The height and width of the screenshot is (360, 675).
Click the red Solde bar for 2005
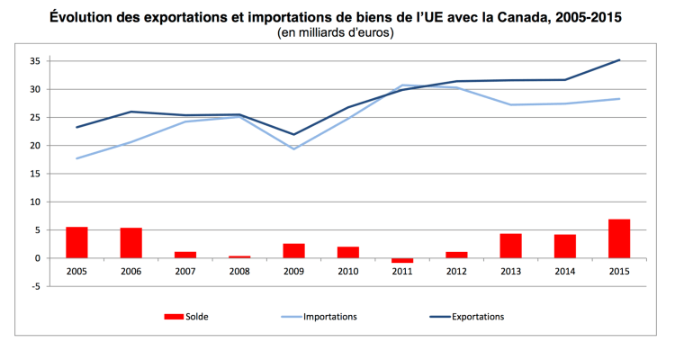coord(76,242)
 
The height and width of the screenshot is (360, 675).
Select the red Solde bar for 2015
coord(619,238)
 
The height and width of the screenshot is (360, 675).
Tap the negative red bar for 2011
coord(402,260)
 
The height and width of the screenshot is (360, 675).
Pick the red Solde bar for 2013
coord(510,246)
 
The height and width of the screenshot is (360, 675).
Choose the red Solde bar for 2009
coord(293,250)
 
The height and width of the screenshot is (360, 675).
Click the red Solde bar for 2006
coord(131,243)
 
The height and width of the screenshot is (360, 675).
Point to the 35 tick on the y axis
coord(37,61)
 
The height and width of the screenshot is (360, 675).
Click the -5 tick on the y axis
coord(37,286)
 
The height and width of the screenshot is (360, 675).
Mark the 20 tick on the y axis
coord(37,146)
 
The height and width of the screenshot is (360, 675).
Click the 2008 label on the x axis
coord(239,271)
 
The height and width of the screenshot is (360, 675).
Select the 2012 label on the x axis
coord(456,271)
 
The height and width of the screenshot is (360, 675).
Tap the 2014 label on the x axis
coord(564,271)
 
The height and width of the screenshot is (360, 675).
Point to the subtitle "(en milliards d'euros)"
coord(337,33)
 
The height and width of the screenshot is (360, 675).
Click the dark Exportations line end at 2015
coord(619,60)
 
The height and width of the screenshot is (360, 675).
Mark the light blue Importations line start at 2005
coord(76,158)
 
